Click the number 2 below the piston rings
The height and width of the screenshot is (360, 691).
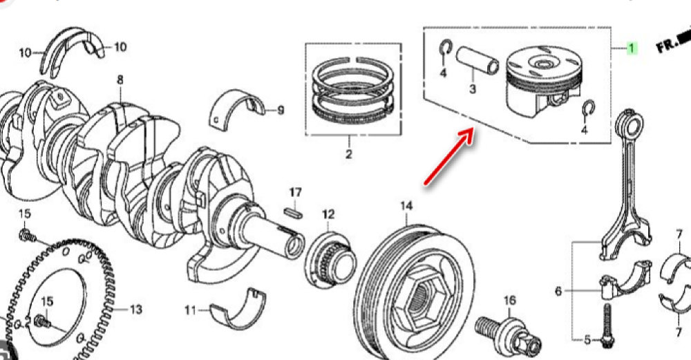[x=348, y=154]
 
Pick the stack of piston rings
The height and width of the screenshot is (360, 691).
[x=353, y=90]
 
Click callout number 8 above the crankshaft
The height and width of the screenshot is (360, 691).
[x=120, y=79]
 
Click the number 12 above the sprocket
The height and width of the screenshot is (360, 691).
[x=328, y=214]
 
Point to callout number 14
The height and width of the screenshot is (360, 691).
[x=406, y=205]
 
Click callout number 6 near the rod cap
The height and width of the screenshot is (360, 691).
[x=558, y=291]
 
